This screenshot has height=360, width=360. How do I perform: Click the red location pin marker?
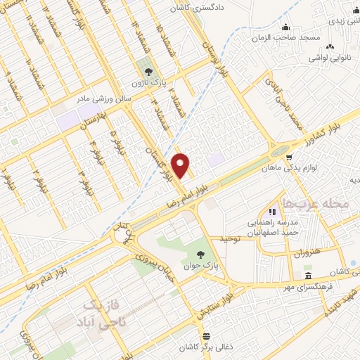[x=181, y=165]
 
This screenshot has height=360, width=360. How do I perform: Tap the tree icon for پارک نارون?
[x=148, y=71]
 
